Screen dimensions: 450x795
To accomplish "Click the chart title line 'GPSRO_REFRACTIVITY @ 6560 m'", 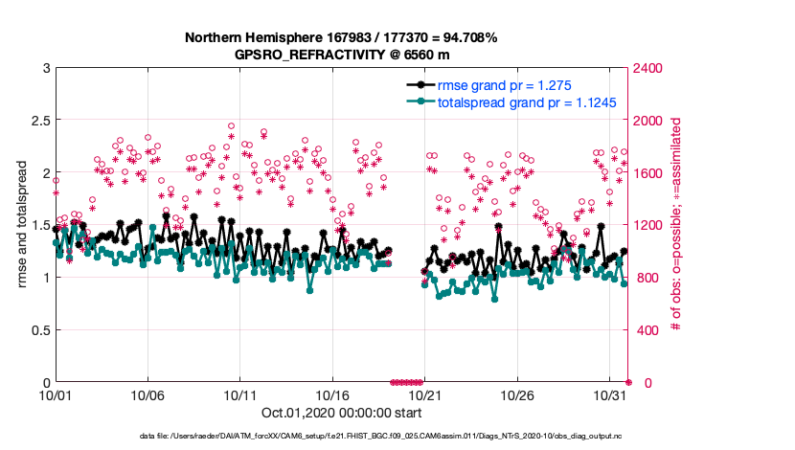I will (341, 55).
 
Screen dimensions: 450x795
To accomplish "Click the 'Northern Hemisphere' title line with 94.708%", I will (341, 37).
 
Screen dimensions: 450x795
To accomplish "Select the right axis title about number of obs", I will (676, 225).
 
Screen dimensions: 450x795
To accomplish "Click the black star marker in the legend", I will (418, 86).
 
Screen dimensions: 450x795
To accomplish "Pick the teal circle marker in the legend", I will (418, 102).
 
